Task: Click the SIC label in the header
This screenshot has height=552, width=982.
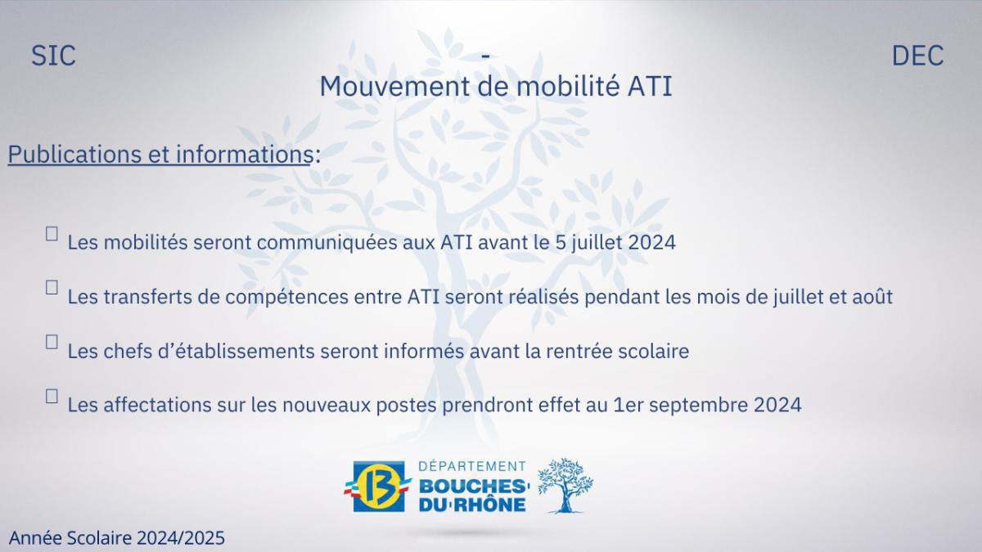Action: pos(54,56)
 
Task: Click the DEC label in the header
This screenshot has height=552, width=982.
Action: pos(917,56)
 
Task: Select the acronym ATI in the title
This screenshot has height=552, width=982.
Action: pos(649,86)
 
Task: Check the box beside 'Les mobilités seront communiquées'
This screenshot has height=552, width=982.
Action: pos(52,234)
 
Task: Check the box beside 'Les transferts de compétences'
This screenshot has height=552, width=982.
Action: pos(52,288)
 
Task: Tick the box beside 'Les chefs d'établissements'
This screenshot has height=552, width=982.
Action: pos(52,342)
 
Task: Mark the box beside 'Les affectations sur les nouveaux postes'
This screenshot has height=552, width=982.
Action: pos(52,396)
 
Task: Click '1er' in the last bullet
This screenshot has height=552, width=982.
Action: pos(628,405)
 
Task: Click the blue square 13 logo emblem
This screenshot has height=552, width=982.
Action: pos(381,487)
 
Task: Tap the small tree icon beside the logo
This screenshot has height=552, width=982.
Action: pos(565,485)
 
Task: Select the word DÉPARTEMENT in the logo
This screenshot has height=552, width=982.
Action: pos(472,467)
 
